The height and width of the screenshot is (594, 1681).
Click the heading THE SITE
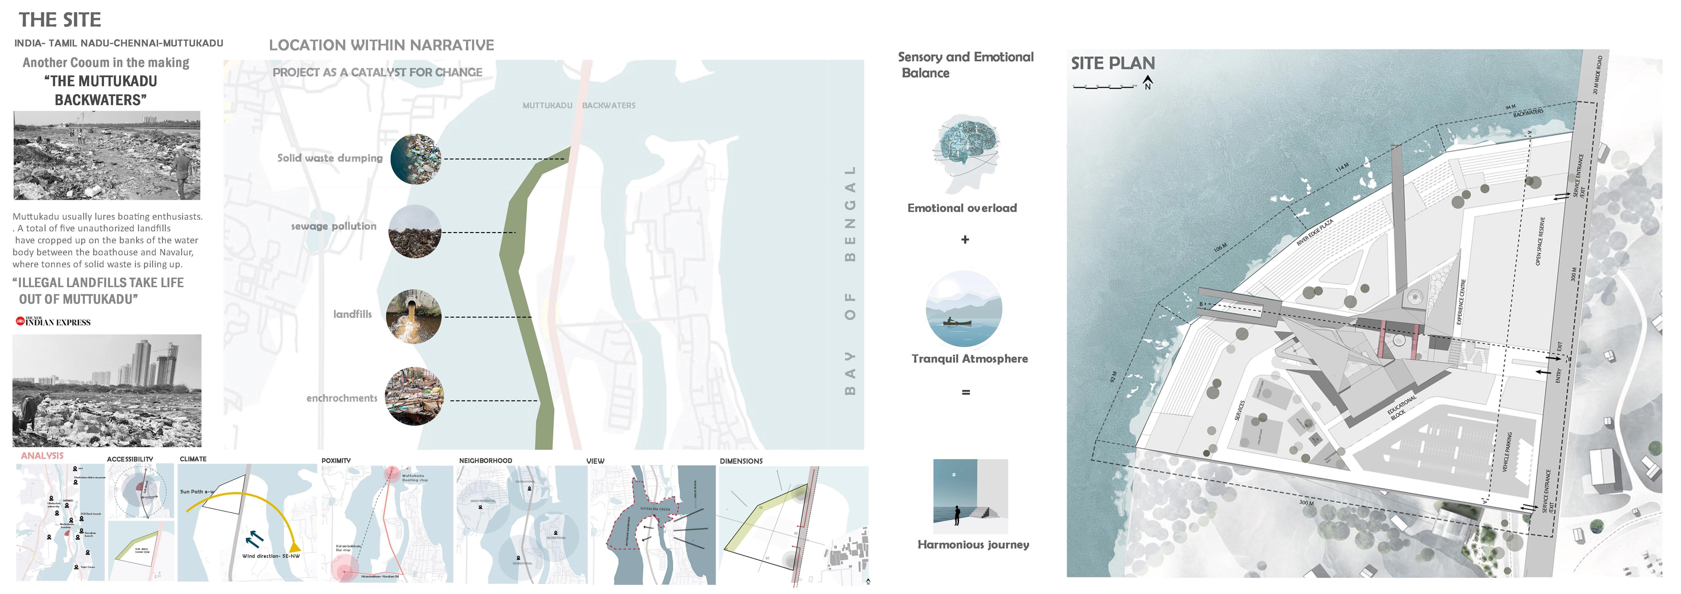(60, 20)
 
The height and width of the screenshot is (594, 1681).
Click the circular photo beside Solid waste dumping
(416, 159)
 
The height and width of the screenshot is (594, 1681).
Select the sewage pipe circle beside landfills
(414, 316)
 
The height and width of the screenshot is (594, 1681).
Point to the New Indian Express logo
(53, 321)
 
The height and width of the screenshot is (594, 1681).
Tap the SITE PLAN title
(1113, 63)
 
